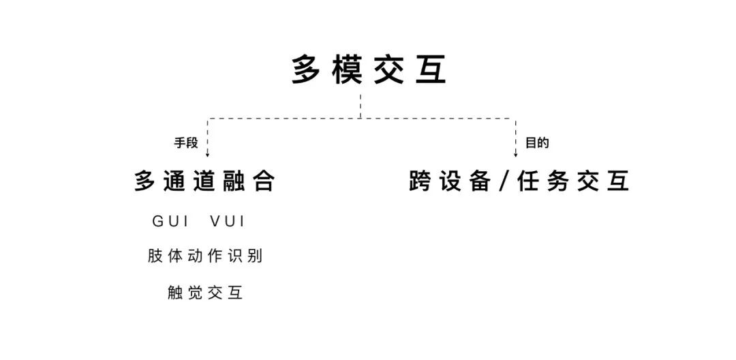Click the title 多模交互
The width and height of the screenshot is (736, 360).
pos(369,71)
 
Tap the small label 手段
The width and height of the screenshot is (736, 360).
pos(186,143)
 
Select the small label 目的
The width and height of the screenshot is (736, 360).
pos(536,143)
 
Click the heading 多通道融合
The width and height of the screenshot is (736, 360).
pos(204,181)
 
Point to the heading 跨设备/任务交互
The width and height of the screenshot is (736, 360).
pos(519,181)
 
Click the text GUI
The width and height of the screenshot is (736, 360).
pos(170,222)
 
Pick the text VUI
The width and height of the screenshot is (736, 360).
pos(228,222)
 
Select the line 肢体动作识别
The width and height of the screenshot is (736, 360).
pos(205,256)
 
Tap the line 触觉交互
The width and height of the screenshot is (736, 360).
pos(205,293)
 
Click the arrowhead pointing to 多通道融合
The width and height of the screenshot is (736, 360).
pos(207,155)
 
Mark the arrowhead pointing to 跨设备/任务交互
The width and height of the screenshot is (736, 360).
pos(515,155)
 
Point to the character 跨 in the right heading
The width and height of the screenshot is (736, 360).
pos(421,181)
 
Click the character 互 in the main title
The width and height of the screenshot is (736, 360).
pos(431,71)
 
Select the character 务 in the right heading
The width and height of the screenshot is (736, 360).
pos(557,181)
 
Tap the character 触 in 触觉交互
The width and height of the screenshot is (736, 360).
pos(176,293)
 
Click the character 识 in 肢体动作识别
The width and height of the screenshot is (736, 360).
pos(236,256)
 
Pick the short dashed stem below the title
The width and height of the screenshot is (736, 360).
pos(361,106)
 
